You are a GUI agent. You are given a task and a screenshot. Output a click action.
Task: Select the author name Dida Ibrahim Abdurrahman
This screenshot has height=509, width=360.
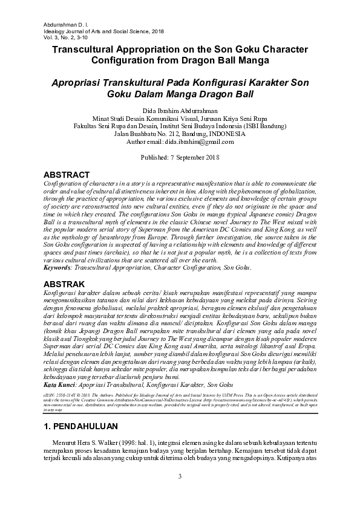point(180,109)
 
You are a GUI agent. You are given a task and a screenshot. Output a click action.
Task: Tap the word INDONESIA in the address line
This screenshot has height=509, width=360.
point(225,133)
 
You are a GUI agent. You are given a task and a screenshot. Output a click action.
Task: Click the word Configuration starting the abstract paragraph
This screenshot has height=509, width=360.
point(64,183)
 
